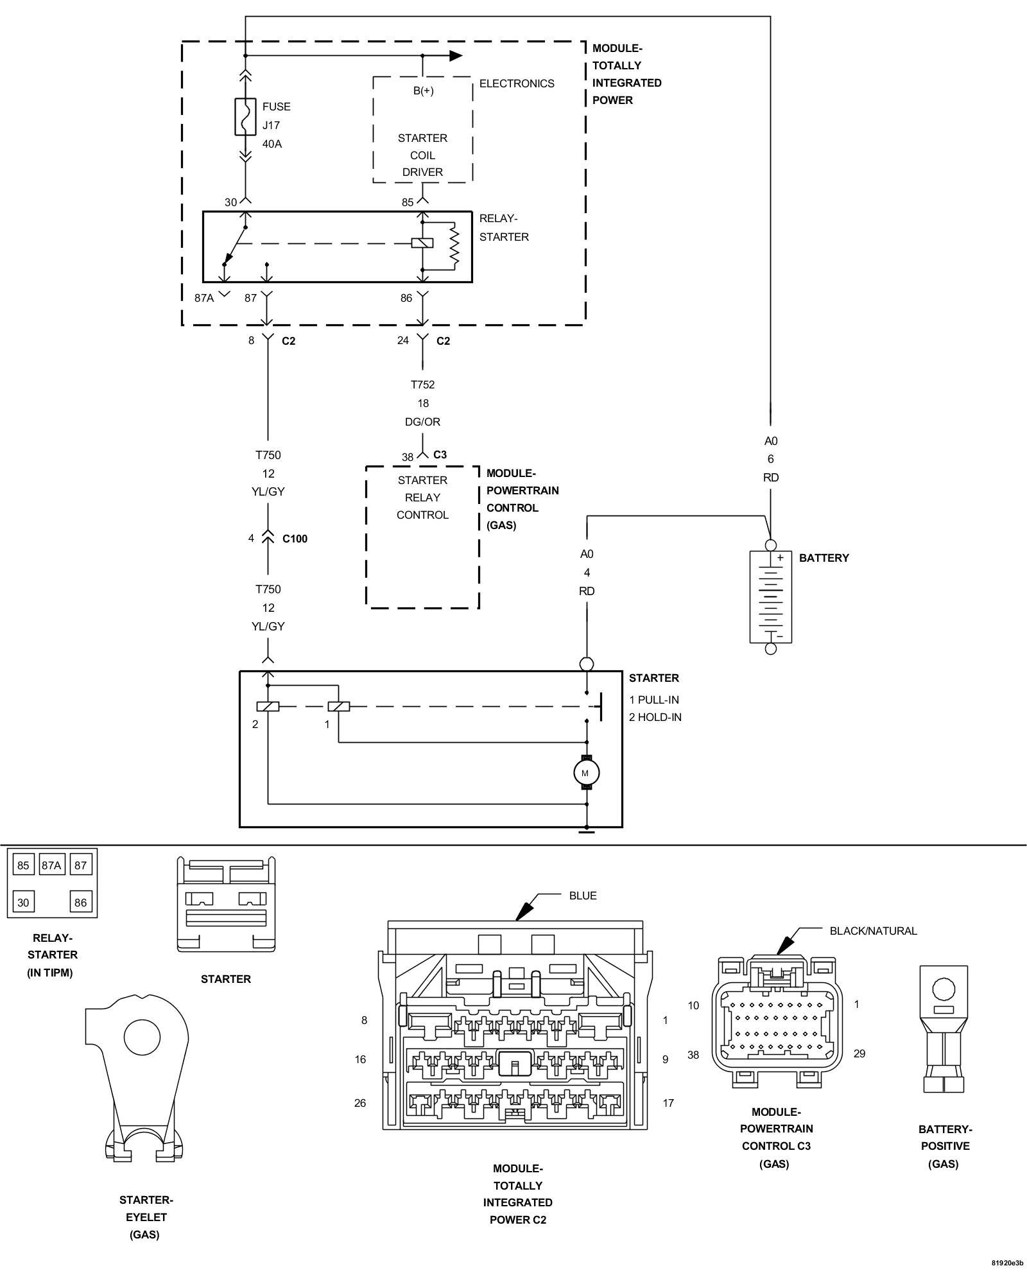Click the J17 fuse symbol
(x=245, y=116)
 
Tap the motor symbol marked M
(x=586, y=772)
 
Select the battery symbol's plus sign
(x=781, y=558)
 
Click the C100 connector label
(x=295, y=539)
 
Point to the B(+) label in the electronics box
(x=423, y=91)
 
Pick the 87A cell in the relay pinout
(x=51, y=865)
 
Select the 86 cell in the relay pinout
(x=80, y=902)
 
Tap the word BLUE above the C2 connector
(x=583, y=896)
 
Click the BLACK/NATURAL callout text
(x=873, y=931)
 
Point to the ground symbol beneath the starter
(x=586, y=832)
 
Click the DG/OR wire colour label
(x=423, y=422)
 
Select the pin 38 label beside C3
(x=408, y=458)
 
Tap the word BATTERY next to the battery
(x=824, y=558)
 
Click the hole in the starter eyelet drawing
(x=142, y=1037)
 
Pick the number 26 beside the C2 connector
(x=360, y=1103)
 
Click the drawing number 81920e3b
(x=1006, y=1263)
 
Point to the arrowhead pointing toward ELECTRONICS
(x=456, y=55)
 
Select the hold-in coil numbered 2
(x=268, y=707)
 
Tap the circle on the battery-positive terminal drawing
(x=943, y=988)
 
